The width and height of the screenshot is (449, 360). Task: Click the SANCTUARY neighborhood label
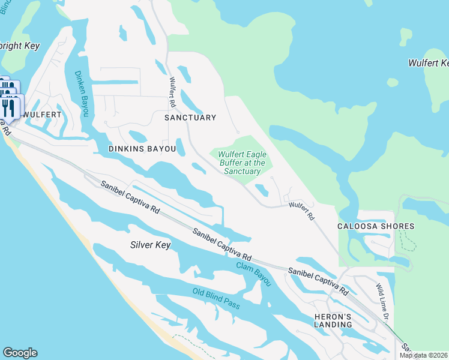pos(190,118)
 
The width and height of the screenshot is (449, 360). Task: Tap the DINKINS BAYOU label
pos(142,148)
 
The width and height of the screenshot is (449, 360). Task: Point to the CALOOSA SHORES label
pos(376,226)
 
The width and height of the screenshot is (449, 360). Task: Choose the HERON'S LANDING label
pos(333,320)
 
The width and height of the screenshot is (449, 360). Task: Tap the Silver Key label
pos(151,245)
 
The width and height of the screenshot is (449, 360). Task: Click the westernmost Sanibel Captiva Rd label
pos(130,198)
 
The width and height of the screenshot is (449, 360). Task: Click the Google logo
pos(20,353)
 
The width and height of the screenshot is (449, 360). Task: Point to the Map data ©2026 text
pos(424,355)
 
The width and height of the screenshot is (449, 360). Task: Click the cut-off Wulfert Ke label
pos(428,63)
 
